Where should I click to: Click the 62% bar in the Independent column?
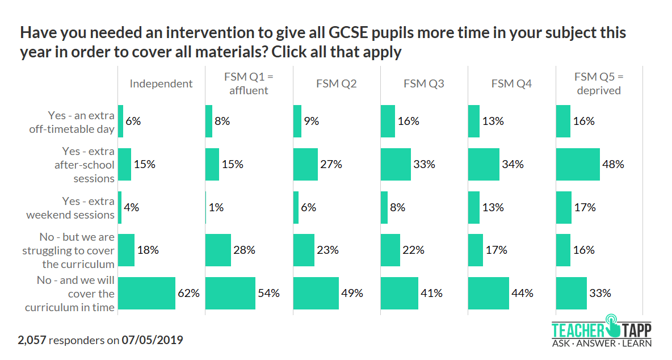146,294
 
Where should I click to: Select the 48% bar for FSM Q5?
577,165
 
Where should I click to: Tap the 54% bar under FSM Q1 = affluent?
230,294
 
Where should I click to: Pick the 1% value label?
216,208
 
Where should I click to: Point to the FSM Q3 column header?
423,84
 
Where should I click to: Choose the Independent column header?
161,84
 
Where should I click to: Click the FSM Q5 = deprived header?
598,83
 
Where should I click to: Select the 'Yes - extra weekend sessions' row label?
71,208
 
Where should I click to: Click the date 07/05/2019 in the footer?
152,341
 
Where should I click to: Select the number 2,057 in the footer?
32,341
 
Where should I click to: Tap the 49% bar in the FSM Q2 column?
316,294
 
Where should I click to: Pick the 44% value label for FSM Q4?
522,294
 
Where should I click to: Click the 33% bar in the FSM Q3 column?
396,165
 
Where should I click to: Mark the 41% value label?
431,294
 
